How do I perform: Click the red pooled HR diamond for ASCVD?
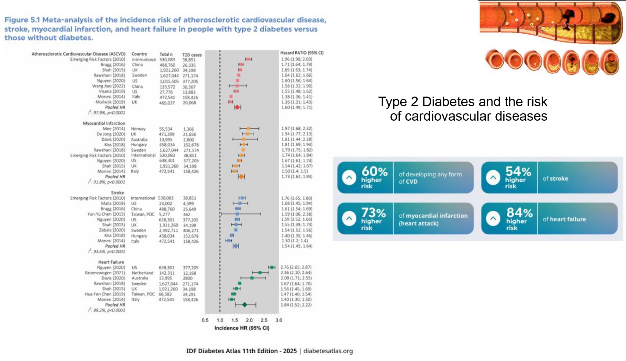click(237, 107)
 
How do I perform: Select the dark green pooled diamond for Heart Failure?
click(245, 305)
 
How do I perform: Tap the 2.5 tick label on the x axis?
click(264, 320)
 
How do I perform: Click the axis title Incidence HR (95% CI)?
click(242, 328)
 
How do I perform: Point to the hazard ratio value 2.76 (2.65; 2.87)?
click(296, 267)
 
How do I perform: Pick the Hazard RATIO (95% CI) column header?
click(302, 53)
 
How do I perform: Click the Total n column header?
click(166, 54)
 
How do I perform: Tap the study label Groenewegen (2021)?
click(105, 273)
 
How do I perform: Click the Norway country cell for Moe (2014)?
click(138, 129)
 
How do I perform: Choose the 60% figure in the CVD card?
click(374, 172)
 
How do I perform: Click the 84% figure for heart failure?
click(519, 213)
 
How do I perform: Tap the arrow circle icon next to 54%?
click(493, 177)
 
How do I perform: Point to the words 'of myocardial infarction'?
click(433, 216)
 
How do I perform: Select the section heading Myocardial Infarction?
click(104, 123)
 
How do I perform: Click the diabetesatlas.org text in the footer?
click(328, 351)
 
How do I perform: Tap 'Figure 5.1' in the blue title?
click(22, 20)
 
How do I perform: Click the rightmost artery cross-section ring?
click(609, 62)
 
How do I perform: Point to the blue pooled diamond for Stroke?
click(236, 246)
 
